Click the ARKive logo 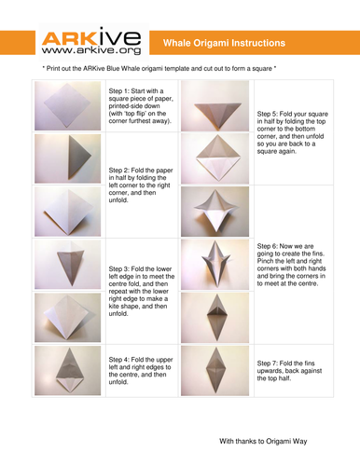click(x=91, y=42)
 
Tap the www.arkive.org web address click(x=91, y=50)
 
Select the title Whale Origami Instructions click(x=224, y=43)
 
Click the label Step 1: click(x=118, y=91)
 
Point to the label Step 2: click(x=118, y=171)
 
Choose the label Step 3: click(x=118, y=268)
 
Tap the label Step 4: click(x=118, y=360)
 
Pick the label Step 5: click(x=267, y=114)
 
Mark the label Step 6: click(x=267, y=246)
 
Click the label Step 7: click(x=267, y=363)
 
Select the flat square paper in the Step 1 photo click(x=67, y=105)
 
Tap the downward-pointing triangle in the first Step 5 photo click(x=217, y=113)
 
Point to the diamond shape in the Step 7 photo click(x=215, y=370)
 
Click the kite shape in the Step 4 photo click(x=68, y=370)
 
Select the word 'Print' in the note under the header click(x=53, y=68)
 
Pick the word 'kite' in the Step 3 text click(x=114, y=307)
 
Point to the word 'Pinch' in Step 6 click(x=265, y=261)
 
